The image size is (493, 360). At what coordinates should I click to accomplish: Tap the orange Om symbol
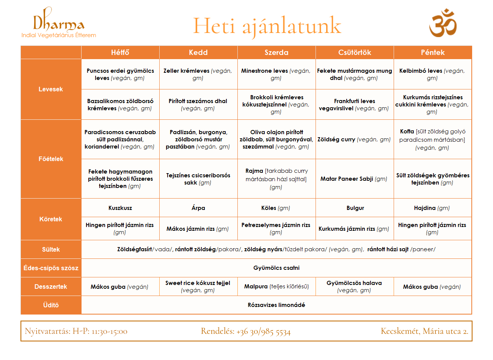(x=443, y=23)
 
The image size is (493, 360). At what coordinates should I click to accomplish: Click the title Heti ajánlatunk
(x=267, y=26)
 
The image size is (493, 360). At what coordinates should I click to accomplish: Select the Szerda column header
(x=276, y=52)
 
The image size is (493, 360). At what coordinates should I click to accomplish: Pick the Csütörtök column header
(x=355, y=52)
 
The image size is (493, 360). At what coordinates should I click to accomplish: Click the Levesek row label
(x=51, y=89)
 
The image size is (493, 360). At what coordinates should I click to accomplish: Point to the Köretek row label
(x=51, y=219)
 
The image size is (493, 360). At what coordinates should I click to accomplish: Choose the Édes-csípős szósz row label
(x=51, y=268)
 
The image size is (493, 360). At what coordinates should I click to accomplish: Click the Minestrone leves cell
(x=276, y=74)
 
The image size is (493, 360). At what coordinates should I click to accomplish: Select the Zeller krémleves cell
(x=198, y=74)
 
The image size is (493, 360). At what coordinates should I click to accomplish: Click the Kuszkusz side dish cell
(x=120, y=208)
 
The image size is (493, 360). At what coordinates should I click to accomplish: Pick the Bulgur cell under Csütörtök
(x=355, y=208)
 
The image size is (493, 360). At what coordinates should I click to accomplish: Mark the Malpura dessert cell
(x=276, y=286)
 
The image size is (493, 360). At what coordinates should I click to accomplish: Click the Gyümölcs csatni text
(x=276, y=268)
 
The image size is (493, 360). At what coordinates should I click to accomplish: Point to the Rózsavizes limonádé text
(x=276, y=305)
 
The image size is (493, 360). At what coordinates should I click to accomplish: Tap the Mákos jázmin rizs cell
(x=198, y=229)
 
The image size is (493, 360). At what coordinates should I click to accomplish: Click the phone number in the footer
(x=263, y=332)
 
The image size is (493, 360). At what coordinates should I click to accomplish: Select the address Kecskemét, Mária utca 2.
(x=424, y=331)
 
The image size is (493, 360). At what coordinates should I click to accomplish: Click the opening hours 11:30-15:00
(x=109, y=331)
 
